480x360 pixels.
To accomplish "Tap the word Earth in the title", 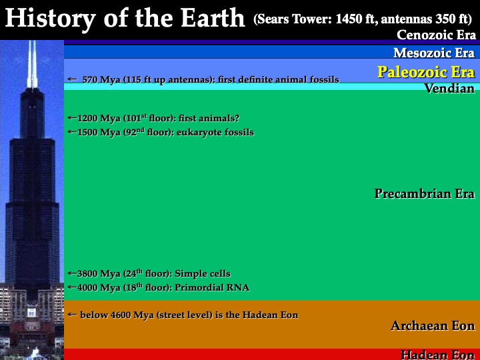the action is click(213, 18).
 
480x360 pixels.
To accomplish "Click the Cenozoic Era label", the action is click(436, 35).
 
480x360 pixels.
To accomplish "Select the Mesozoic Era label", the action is click(434, 53).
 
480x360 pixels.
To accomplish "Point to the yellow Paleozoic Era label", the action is click(426, 72).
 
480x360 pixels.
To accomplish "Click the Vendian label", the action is click(450, 89).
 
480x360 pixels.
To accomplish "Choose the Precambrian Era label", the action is click(425, 193).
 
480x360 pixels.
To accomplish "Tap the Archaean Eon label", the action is click(433, 326).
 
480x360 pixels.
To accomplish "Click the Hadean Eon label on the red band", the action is click(438, 355).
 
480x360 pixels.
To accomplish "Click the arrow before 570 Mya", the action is click(72, 79).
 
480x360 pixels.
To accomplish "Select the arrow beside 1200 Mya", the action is click(73, 117).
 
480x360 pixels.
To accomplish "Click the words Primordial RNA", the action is click(212, 288).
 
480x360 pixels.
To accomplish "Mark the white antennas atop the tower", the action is click(32, 64).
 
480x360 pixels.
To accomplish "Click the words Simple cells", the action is click(203, 274).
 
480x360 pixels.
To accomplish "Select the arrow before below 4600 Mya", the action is click(72, 315).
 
